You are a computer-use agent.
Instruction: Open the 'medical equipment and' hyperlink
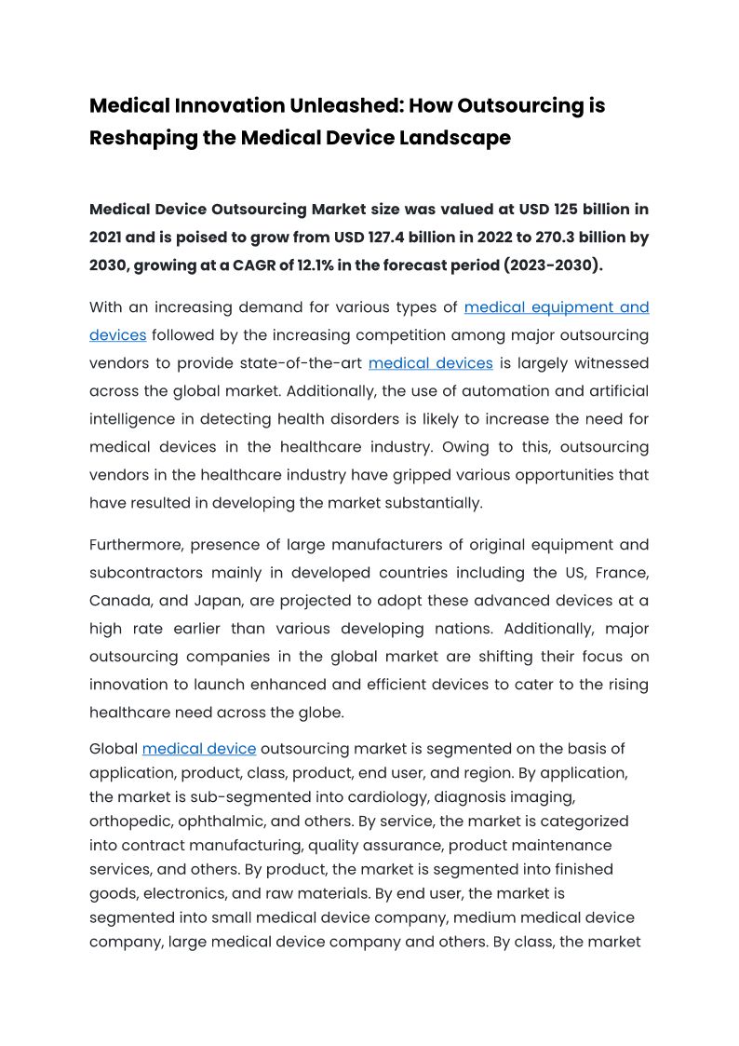click(x=556, y=307)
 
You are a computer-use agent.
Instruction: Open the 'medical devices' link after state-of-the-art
click(x=430, y=363)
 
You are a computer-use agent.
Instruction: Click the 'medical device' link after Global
click(x=198, y=748)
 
